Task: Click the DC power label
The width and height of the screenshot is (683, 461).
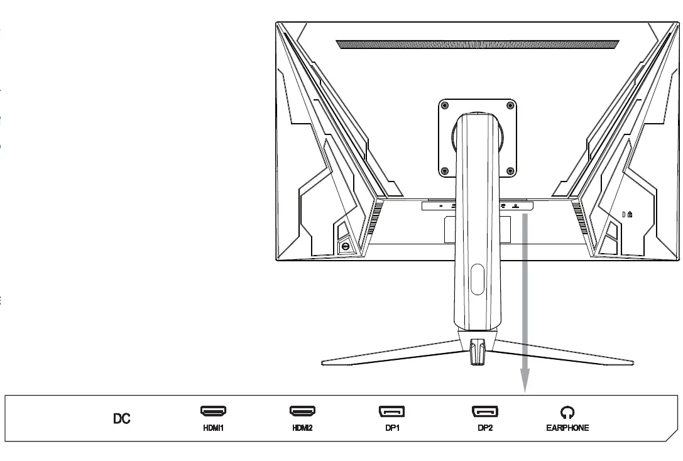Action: (122, 418)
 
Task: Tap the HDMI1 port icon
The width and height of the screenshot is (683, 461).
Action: (214, 411)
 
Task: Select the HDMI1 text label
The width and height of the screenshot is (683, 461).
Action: (214, 428)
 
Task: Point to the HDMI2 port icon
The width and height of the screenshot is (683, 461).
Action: (302, 411)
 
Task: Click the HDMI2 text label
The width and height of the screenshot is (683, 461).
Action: (302, 428)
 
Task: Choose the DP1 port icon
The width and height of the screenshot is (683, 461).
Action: (391, 412)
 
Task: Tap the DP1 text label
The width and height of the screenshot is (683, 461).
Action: (391, 428)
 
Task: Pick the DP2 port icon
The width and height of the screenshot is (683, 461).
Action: (484, 412)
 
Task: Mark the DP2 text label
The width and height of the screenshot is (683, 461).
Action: (484, 428)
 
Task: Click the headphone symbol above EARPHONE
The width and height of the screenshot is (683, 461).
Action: (567, 412)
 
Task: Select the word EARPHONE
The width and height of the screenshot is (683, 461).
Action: (567, 428)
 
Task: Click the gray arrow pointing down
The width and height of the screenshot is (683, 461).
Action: (525, 301)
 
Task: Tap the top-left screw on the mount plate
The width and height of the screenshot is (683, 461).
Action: (445, 105)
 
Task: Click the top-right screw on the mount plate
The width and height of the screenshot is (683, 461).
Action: (510, 105)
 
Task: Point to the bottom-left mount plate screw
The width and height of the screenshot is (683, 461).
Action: (445, 170)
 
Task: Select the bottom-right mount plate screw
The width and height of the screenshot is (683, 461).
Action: (510, 170)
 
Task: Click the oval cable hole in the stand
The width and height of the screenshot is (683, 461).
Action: (478, 279)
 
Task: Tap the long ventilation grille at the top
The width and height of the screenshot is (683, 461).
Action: (478, 45)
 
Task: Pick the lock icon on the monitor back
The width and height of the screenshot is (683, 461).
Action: (629, 214)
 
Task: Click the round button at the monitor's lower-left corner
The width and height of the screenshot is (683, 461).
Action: (345, 247)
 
